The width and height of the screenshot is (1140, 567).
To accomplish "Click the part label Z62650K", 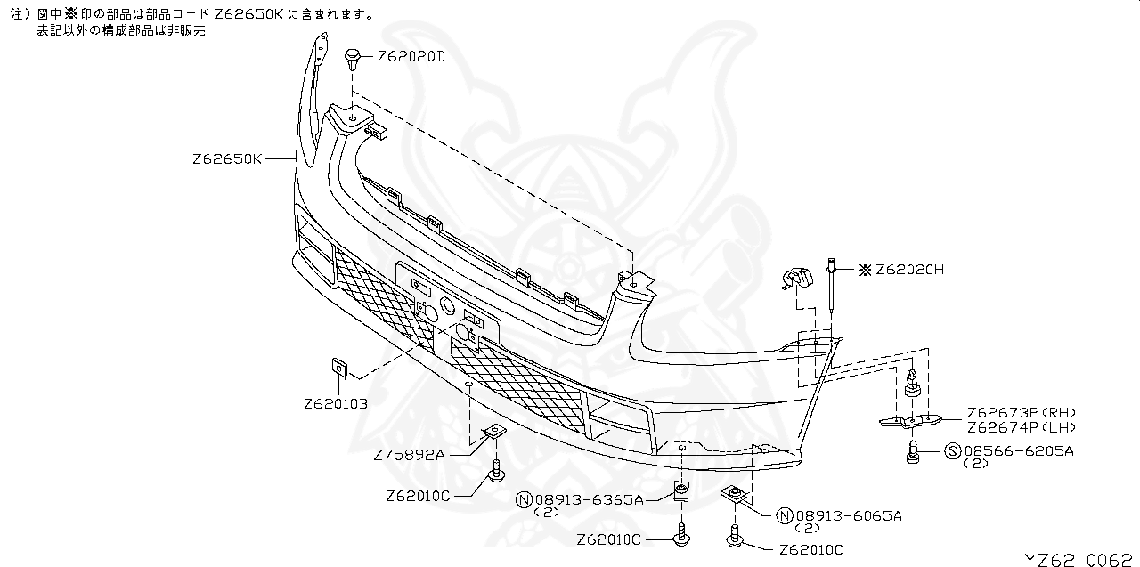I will click(227, 159).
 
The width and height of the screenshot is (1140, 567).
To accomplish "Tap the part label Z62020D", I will click(411, 56).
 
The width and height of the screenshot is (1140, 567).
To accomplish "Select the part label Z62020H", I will click(908, 269).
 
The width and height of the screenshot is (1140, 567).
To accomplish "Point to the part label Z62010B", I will click(335, 403).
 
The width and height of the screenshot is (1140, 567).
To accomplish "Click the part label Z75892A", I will click(409, 455).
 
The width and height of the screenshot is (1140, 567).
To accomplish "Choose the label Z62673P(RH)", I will click(1022, 412).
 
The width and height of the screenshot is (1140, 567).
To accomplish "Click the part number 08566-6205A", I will click(1018, 451).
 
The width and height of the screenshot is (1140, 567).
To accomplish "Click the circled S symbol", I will click(952, 451).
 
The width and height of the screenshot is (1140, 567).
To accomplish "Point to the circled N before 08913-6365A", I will click(524, 499).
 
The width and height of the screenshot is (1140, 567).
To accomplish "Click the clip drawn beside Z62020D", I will click(353, 62).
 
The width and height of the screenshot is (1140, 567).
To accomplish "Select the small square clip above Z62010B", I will click(339, 366).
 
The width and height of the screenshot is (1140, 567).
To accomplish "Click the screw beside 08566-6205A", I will click(913, 452).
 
